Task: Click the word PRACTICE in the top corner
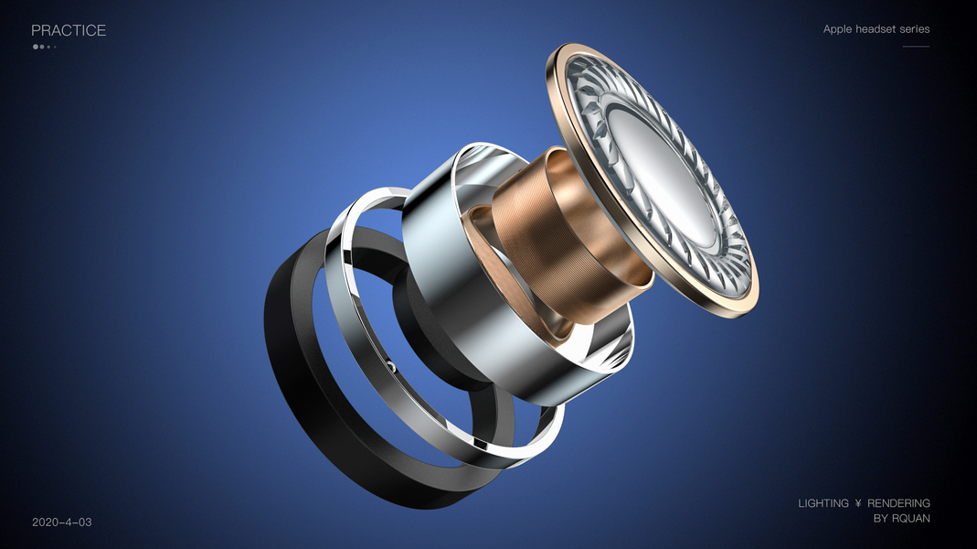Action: tap(69, 30)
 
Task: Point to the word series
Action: tap(914, 29)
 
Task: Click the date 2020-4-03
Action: tap(61, 522)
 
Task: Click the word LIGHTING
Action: tap(823, 503)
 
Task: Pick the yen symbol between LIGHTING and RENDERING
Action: tap(858, 503)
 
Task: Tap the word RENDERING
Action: tap(898, 503)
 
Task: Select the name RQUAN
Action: tap(910, 519)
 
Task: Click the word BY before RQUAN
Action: tap(880, 519)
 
